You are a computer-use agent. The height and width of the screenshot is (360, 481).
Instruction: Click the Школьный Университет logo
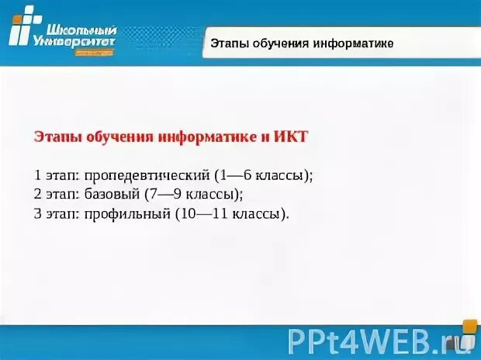[62, 31]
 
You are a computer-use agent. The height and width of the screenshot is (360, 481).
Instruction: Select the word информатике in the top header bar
[352, 43]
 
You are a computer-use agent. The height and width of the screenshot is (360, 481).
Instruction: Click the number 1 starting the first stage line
[38, 175]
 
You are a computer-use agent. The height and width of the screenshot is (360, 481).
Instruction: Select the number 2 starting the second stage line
[38, 195]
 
